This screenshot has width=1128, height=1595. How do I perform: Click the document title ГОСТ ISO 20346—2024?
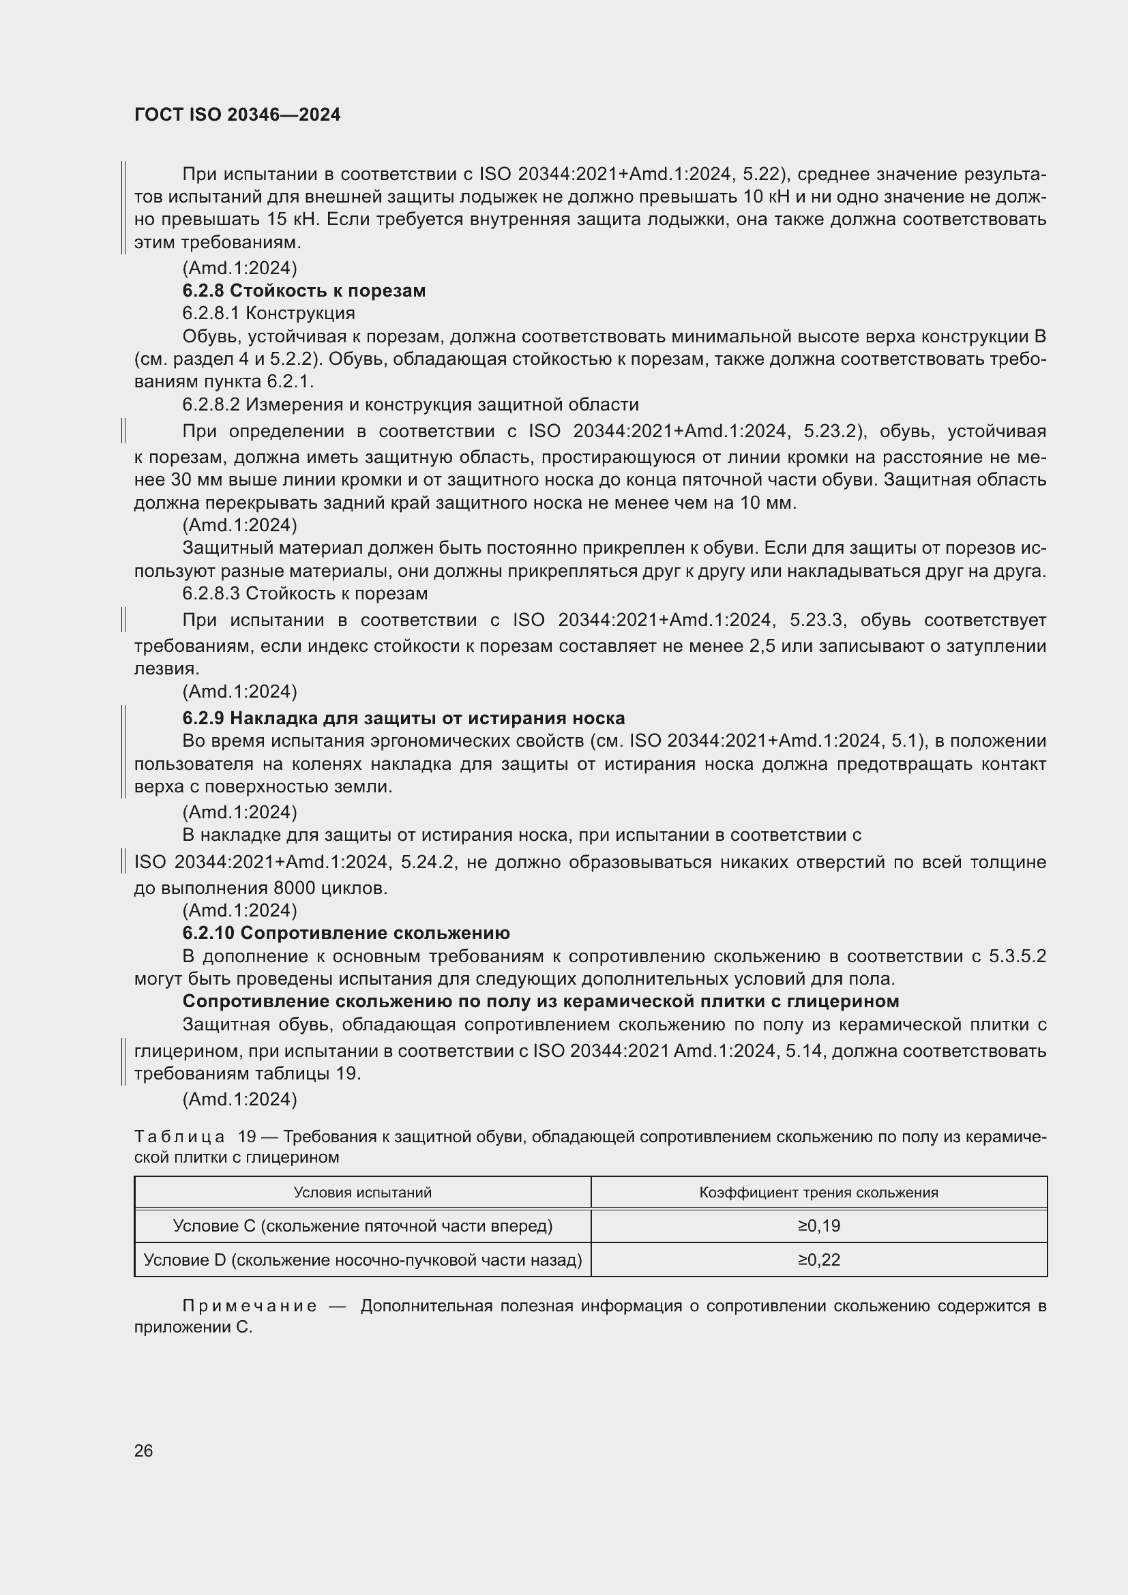point(237,115)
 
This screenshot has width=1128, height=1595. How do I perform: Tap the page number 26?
point(143,1450)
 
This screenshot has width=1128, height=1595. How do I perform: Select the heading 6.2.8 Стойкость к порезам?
point(303,290)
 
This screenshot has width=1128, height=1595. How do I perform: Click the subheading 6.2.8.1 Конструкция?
point(268,313)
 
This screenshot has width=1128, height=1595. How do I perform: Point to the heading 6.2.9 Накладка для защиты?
point(403,717)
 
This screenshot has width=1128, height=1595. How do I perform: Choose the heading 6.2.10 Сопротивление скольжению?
point(346,933)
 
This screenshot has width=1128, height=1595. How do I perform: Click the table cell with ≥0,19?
point(819,1226)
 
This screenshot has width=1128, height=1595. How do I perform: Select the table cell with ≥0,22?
point(819,1260)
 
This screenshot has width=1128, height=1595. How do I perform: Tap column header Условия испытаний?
point(362,1193)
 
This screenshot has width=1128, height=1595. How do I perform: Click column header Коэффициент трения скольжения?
point(818,1193)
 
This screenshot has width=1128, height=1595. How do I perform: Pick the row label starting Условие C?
point(362,1226)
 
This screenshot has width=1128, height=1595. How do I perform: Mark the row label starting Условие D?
point(362,1260)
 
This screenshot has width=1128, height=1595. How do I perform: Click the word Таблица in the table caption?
point(179,1137)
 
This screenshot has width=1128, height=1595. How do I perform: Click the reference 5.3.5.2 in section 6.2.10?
point(1018,956)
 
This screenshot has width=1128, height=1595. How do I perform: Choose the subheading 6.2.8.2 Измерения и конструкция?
point(410,404)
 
